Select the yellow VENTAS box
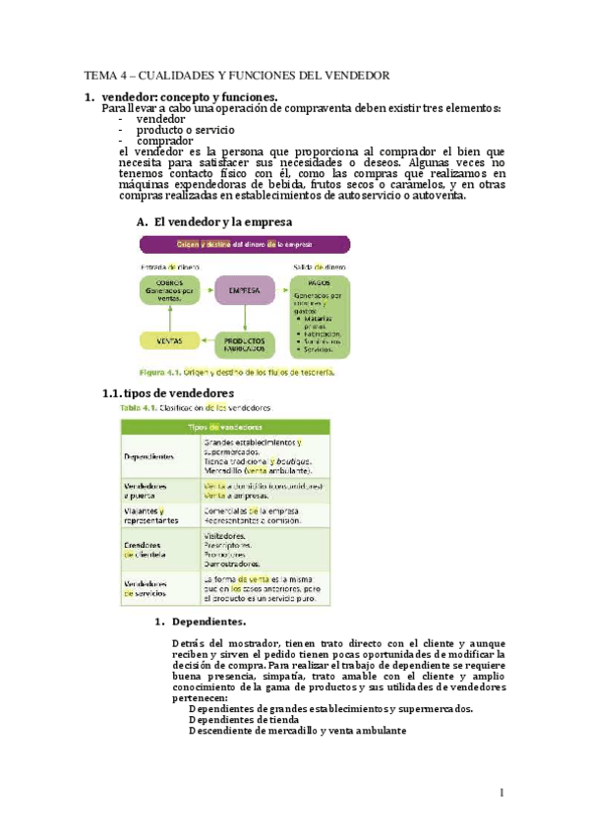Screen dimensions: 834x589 point(168,341)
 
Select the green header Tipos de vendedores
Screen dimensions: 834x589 point(225,427)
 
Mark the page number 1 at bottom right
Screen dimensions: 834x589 point(501,793)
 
